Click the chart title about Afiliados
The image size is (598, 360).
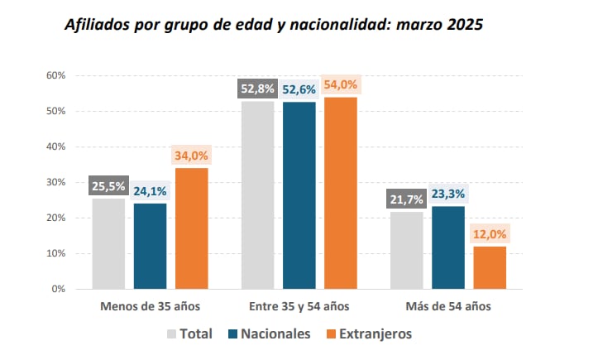click(x=274, y=25)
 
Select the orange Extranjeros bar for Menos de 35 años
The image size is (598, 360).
click(x=191, y=228)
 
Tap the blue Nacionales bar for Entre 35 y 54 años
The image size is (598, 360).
click(x=299, y=195)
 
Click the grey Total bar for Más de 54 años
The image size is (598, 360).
click(x=406, y=250)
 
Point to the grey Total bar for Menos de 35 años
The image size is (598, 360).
click(x=108, y=243)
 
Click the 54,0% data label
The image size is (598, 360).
click(x=340, y=85)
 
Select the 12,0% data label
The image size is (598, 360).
click(x=489, y=234)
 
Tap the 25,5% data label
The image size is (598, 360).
click(x=108, y=186)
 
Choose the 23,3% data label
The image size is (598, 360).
click(x=447, y=194)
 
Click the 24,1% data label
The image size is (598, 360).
click(x=150, y=191)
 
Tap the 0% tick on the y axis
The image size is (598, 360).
click(x=59, y=289)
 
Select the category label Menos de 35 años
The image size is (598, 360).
click(x=150, y=306)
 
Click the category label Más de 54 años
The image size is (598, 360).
click(x=447, y=306)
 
